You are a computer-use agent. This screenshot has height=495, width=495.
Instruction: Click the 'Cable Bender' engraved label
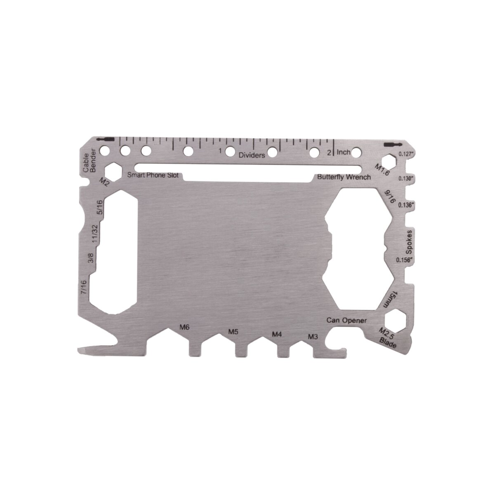click(89, 161)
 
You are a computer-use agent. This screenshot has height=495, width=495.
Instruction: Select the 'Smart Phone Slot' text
click(153, 175)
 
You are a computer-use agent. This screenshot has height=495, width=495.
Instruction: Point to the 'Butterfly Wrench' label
click(344, 177)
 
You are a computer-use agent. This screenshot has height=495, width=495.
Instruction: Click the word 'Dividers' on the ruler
click(252, 155)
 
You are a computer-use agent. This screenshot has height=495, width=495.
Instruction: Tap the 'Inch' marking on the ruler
click(344, 152)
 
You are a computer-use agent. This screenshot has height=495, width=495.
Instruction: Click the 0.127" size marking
click(407, 154)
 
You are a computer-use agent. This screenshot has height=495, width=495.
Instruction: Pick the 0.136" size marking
click(407, 205)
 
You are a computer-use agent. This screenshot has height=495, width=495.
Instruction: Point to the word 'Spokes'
click(409, 242)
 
